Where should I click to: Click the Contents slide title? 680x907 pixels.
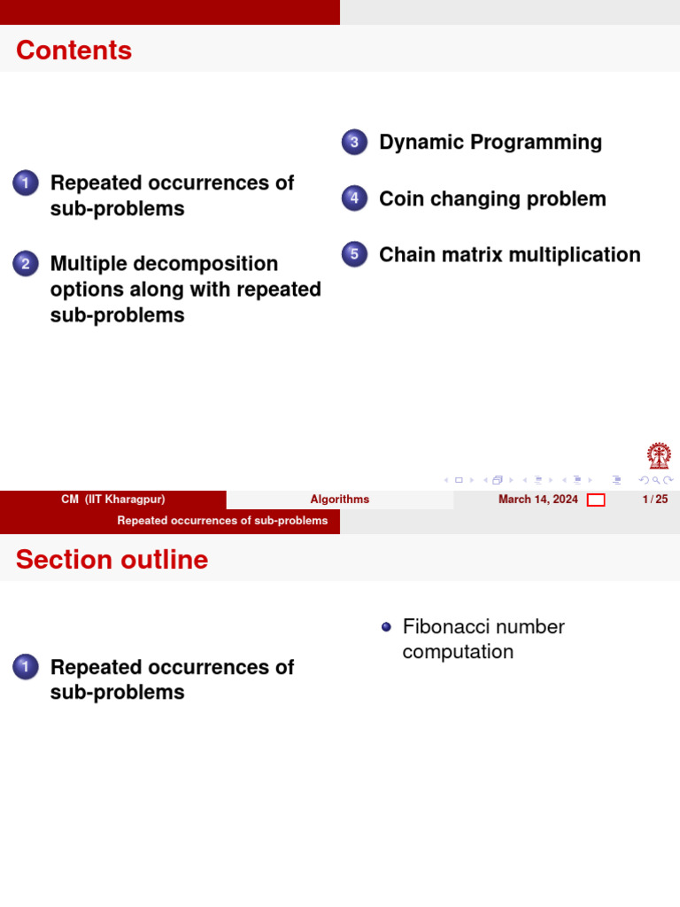click(73, 50)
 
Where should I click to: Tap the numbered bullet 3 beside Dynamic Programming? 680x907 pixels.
click(354, 143)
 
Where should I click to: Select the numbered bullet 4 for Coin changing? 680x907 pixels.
click(354, 198)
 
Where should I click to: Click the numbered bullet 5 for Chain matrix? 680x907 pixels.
click(354, 255)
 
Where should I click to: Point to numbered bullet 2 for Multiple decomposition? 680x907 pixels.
click(26, 264)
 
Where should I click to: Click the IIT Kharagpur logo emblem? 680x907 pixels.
click(658, 457)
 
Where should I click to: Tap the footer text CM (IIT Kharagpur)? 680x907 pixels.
click(113, 500)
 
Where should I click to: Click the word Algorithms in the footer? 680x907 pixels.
click(340, 500)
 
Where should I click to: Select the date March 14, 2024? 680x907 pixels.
click(538, 500)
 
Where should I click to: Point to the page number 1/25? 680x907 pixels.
click(655, 500)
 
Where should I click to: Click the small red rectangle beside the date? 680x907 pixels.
click(596, 500)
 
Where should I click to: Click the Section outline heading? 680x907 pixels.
click(112, 560)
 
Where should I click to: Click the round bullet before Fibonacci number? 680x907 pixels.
click(386, 627)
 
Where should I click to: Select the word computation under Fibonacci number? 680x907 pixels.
click(458, 652)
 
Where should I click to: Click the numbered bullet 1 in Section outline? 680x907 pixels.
click(26, 667)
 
